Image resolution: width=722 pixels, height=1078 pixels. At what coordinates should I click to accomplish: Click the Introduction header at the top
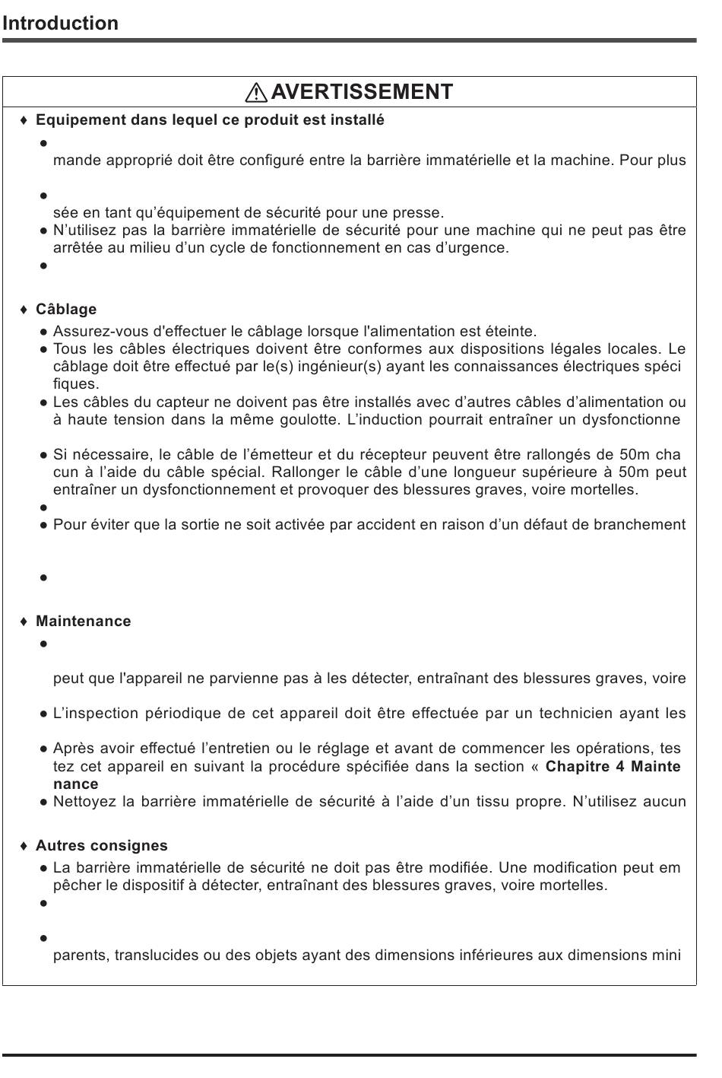pos(60,23)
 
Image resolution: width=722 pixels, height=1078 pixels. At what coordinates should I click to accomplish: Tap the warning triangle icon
pos(256,93)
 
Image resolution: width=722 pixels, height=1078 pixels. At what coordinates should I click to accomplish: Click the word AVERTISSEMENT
pos(362,92)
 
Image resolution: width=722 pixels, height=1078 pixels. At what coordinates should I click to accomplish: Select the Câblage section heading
pos(66,310)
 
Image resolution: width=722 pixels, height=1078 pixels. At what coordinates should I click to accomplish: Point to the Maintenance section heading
pos(83,622)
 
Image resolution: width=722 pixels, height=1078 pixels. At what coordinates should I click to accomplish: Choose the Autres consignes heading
pos(102,846)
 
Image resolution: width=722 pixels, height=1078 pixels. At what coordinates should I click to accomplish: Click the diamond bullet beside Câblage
pos(24,310)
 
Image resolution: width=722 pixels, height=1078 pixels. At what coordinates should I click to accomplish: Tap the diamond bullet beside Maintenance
pos(24,622)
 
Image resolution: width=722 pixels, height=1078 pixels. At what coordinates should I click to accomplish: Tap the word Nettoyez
pos(84,802)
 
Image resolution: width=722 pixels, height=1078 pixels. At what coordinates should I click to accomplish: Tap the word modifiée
pos(463,868)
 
